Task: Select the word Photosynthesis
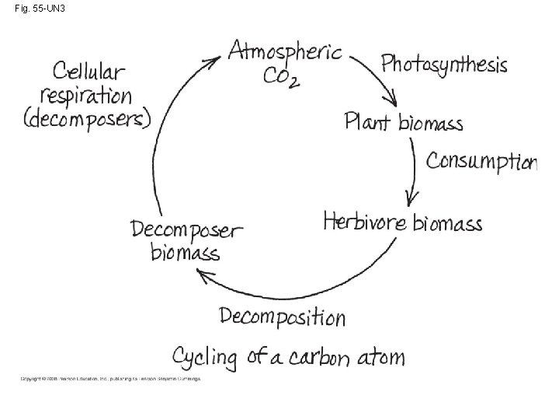(444, 63)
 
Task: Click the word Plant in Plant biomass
(368, 122)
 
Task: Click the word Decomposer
(186, 229)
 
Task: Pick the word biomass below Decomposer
(185, 253)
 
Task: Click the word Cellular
(89, 72)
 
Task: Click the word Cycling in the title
(204, 358)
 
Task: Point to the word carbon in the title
(325, 358)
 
